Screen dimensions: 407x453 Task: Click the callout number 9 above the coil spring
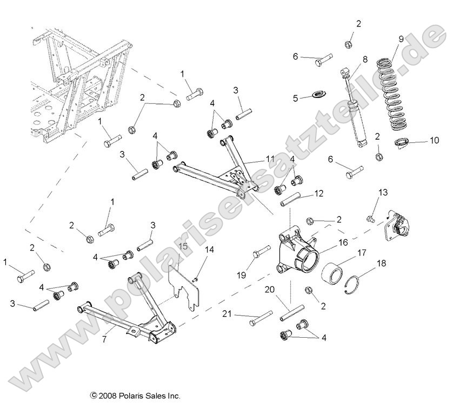click(x=401, y=38)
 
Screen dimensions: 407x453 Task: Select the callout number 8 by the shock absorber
click(x=365, y=59)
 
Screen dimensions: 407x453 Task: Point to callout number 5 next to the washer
click(x=296, y=98)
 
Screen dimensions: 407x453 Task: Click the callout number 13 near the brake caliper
click(x=383, y=192)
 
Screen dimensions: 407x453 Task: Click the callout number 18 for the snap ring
click(x=381, y=263)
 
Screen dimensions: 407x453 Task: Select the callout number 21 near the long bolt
click(x=228, y=313)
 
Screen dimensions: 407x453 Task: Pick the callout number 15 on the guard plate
click(x=183, y=247)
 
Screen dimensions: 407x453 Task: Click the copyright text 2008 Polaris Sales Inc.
click(x=135, y=396)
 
